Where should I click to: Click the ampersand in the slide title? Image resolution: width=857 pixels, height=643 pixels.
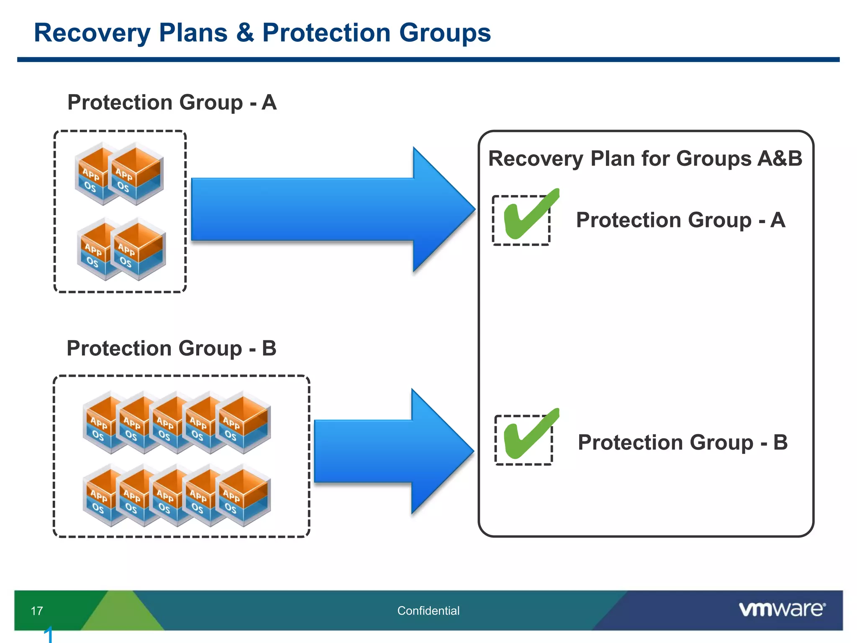tap(245, 33)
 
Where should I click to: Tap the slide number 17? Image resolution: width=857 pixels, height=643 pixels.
tap(37, 611)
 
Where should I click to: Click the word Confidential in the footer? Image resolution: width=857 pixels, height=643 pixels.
tap(428, 611)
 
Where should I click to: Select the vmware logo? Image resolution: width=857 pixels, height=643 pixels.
tap(782, 609)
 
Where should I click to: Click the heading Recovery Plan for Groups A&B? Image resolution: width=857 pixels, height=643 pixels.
tap(645, 159)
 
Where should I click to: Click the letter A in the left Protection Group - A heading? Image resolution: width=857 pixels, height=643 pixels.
tap(269, 103)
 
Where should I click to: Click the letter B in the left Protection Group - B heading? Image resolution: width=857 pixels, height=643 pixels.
tap(269, 348)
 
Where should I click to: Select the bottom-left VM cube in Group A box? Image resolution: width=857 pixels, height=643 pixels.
tap(95, 250)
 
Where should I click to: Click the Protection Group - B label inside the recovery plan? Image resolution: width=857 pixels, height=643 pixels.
tap(682, 442)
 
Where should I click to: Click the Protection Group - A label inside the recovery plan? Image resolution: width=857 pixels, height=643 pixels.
tap(680, 220)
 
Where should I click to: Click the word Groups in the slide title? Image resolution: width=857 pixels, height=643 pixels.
tap(444, 33)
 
